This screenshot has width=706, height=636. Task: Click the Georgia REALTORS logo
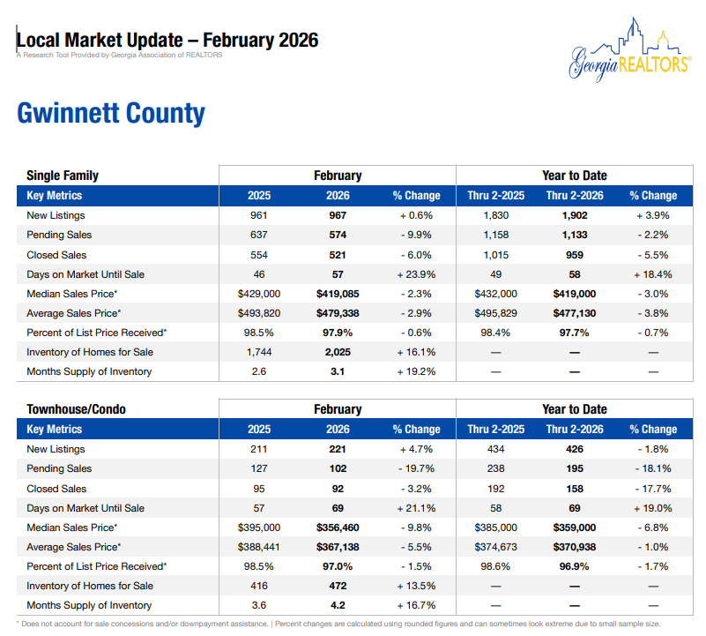click(x=628, y=51)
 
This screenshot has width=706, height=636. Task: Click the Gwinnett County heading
click(x=111, y=114)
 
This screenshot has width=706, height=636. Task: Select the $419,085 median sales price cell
click(x=338, y=294)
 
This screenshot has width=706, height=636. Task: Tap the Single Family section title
click(x=63, y=176)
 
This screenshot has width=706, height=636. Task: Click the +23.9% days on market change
click(x=416, y=274)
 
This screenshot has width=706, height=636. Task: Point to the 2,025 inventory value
click(x=338, y=352)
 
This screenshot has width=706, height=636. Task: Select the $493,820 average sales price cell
click(x=259, y=313)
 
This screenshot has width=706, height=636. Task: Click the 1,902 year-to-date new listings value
click(x=574, y=216)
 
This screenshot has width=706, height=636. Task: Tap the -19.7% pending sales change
click(x=416, y=468)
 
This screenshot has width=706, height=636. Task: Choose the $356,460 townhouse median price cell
click(x=338, y=528)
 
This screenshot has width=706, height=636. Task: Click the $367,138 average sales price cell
click(x=338, y=547)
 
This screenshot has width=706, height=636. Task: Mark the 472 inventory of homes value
click(x=338, y=586)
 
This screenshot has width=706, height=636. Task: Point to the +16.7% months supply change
click(x=416, y=605)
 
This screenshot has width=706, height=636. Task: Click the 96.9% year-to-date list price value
click(x=574, y=566)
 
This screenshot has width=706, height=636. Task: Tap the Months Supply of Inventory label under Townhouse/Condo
click(x=89, y=605)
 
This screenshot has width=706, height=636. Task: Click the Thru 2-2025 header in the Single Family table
click(x=496, y=196)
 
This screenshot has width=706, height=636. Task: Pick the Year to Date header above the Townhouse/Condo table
click(x=574, y=409)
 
